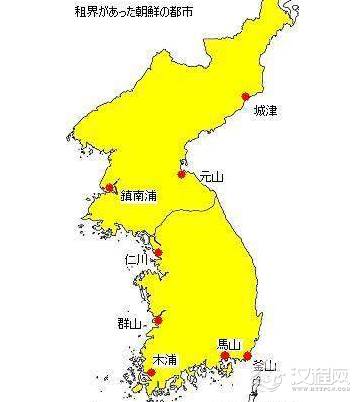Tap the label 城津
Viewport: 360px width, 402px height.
pyautogui.click(x=265, y=110)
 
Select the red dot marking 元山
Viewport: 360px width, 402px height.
pyautogui.click(x=182, y=174)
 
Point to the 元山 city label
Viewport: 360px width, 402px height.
pyautogui.click(x=211, y=176)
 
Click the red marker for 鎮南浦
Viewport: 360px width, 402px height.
pyautogui.click(x=109, y=187)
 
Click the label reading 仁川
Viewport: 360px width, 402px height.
pyautogui.click(x=136, y=259)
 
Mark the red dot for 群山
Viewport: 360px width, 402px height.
pyautogui.click(x=158, y=320)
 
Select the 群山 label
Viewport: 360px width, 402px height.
pyautogui.click(x=129, y=324)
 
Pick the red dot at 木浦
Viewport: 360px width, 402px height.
pyautogui.click(x=151, y=373)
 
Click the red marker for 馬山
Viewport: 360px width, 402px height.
pyautogui.click(x=225, y=355)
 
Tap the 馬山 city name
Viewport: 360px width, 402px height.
pyautogui.click(x=229, y=342)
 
